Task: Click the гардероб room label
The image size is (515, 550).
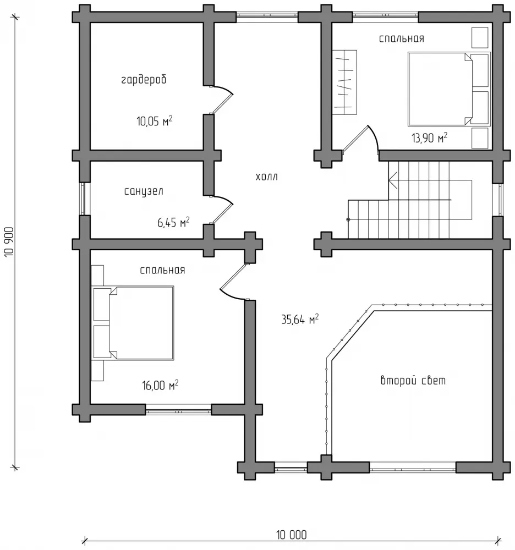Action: coord(144,80)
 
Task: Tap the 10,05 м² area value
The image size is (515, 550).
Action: coord(155,120)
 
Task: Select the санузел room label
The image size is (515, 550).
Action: coord(144,191)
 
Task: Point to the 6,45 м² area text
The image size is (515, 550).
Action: coord(173,222)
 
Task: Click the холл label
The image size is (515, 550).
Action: coord(267,177)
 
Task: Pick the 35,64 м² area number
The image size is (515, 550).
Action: coord(300,319)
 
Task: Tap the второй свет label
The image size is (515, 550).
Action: coord(413,380)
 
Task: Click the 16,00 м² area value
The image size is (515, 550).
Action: coord(160,385)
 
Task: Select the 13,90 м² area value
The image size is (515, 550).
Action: coord(429,137)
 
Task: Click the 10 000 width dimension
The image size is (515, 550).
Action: coord(291,535)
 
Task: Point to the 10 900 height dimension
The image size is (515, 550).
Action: coord(9,242)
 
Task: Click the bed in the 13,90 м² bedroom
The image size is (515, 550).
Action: coord(449,89)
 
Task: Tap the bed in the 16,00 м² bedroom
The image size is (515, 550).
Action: coord(133,323)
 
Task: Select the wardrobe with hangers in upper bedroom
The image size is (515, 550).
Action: coord(344,82)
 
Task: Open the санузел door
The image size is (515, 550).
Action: coord(221,209)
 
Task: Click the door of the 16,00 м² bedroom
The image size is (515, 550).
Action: coord(234,282)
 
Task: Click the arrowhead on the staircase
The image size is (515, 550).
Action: coord(392,180)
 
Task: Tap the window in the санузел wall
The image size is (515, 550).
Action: coord(83,199)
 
